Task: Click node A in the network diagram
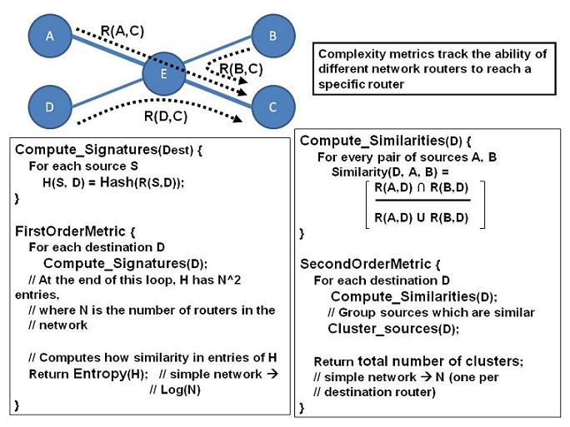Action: coord(48,36)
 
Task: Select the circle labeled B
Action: coord(274,36)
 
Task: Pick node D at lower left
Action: coord(48,107)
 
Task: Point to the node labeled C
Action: coord(274,107)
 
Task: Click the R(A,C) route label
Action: coord(122,31)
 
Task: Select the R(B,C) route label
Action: coord(242,67)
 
